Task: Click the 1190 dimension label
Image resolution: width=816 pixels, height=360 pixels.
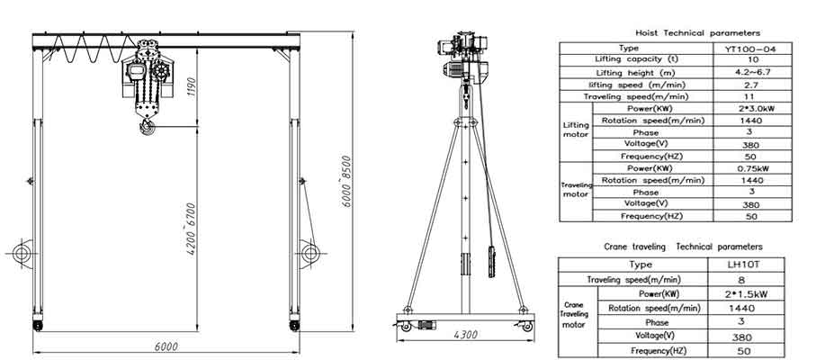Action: tap(191, 87)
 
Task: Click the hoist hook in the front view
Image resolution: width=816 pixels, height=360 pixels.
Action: tap(146, 131)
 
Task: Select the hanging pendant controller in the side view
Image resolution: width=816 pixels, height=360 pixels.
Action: tap(490, 261)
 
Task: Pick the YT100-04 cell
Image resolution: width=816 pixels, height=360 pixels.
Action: tap(747, 48)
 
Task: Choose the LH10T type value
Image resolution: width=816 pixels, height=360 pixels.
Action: tap(747, 265)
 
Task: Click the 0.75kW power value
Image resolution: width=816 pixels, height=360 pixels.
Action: tap(747, 167)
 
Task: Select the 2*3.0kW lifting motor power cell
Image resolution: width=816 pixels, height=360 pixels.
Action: tap(747, 108)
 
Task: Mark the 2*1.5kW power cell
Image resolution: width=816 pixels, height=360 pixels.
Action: tap(747, 292)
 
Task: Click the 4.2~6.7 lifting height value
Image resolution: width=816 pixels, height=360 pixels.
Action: tap(747, 72)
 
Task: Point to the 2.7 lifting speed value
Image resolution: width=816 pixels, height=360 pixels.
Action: tap(747, 84)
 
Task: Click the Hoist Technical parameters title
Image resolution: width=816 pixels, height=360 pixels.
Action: tap(685, 32)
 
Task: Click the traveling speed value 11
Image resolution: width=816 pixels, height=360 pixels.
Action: tap(747, 95)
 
